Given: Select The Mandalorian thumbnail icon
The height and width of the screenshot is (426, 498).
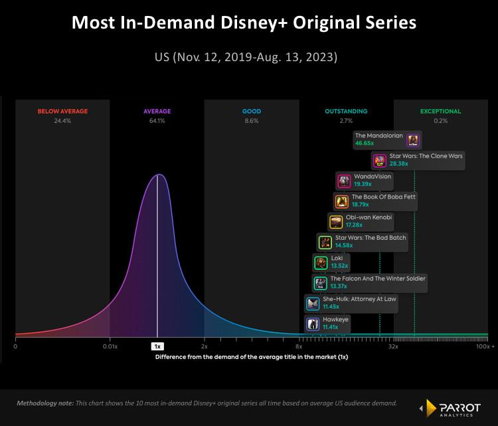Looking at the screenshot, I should tap(413, 140).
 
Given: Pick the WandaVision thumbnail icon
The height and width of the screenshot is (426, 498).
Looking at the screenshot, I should tap(344, 181).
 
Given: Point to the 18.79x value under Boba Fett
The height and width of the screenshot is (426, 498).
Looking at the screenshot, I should tap(362, 205).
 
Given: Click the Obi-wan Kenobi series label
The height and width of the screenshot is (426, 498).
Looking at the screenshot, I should tap(369, 217).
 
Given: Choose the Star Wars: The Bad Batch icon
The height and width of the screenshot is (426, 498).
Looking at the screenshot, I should tap(325, 242).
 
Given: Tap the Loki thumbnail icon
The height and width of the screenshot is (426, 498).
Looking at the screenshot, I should tap(320, 262).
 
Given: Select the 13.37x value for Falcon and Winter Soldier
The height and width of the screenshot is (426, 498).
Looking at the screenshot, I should tap(340, 286).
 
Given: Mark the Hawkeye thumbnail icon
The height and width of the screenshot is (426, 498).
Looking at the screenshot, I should tap(313, 324).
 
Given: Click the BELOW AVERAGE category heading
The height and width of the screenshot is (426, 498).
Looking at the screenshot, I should tap(62, 112).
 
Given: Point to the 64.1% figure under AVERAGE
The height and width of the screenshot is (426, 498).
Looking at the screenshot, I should tap(157, 121).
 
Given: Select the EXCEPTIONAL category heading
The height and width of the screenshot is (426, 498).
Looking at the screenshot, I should tap(440, 112).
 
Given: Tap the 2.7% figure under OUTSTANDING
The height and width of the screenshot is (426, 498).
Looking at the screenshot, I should tap(346, 121).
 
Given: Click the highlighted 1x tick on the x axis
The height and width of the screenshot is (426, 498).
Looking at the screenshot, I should tap(157, 346).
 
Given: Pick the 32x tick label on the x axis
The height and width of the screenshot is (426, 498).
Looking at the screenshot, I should tap(393, 346).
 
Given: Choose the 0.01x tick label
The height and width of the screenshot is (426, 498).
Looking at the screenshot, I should tap(110, 346).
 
